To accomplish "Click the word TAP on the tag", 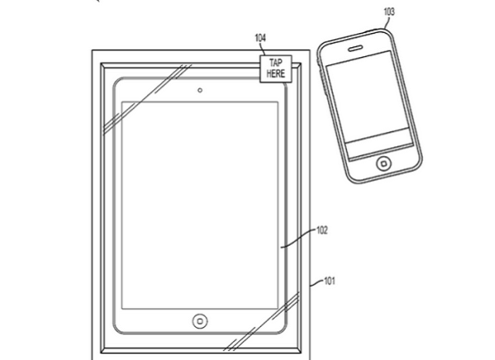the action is click(276, 62).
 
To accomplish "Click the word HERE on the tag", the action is click(276, 73).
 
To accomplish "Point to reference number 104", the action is click(260, 37).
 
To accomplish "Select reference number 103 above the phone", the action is click(389, 12).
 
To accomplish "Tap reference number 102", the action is click(322, 231).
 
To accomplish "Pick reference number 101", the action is click(329, 281).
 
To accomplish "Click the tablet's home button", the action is click(200, 321).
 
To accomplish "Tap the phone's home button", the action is click(384, 164).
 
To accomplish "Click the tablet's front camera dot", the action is click(200, 91).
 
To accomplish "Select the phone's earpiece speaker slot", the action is click(355, 48).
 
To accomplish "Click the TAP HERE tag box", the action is click(276, 70).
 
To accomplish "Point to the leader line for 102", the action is click(298, 239).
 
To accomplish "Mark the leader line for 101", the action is click(317, 282).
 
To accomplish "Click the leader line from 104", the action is click(262, 49).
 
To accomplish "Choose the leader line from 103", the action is click(386, 22).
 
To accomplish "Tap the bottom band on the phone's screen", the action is click(379, 143).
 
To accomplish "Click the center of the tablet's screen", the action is click(200, 205).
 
